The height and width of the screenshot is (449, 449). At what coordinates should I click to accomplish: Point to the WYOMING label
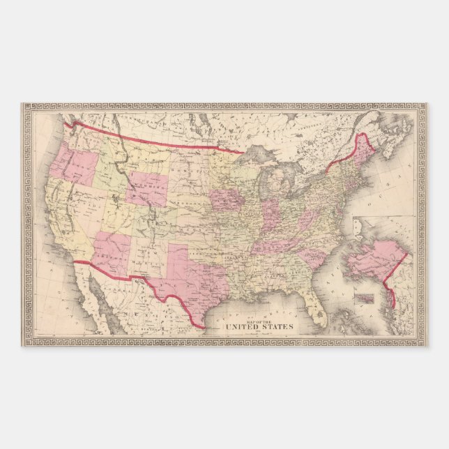tap(148, 188)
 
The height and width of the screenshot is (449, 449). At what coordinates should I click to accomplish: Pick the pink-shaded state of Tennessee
tap(278, 244)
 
